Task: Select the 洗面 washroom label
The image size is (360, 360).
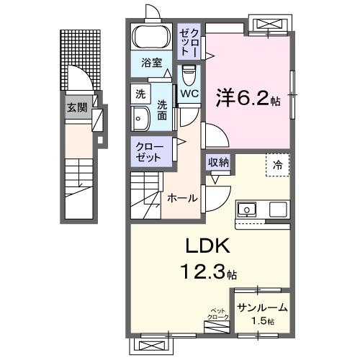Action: pos(163,108)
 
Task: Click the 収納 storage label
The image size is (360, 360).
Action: pos(218,162)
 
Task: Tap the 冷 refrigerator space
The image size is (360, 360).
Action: pos(277,164)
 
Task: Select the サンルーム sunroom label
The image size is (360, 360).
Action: pos(262,307)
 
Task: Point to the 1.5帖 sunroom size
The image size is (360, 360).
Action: pos(262,320)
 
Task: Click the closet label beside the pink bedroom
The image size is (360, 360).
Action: pos(191,40)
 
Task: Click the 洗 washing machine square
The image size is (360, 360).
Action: pos(140,93)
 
